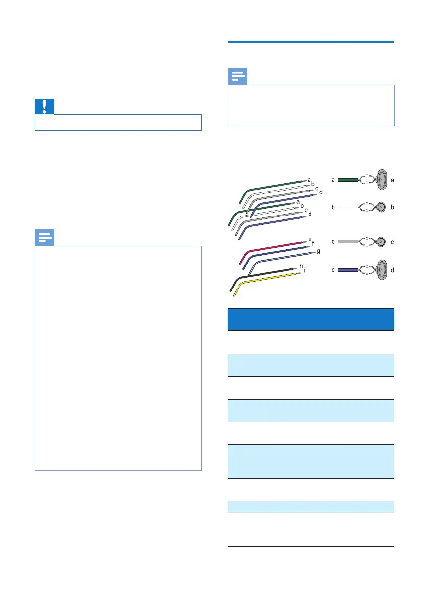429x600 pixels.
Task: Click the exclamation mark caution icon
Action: [45, 107]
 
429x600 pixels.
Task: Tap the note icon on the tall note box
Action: [45, 239]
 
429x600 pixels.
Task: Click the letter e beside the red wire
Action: [310, 240]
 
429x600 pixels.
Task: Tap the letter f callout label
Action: [313, 243]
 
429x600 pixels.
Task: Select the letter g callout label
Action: [318, 251]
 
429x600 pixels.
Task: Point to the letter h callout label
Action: [301, 266]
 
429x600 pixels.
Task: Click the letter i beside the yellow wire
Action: [305, 270]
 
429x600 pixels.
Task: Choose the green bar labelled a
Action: [349, 180]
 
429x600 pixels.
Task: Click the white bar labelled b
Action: [349, 207]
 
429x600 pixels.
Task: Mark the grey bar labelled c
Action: [349, 242]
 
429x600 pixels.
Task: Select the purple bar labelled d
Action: [349, 270]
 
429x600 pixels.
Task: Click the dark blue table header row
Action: [311, 319]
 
